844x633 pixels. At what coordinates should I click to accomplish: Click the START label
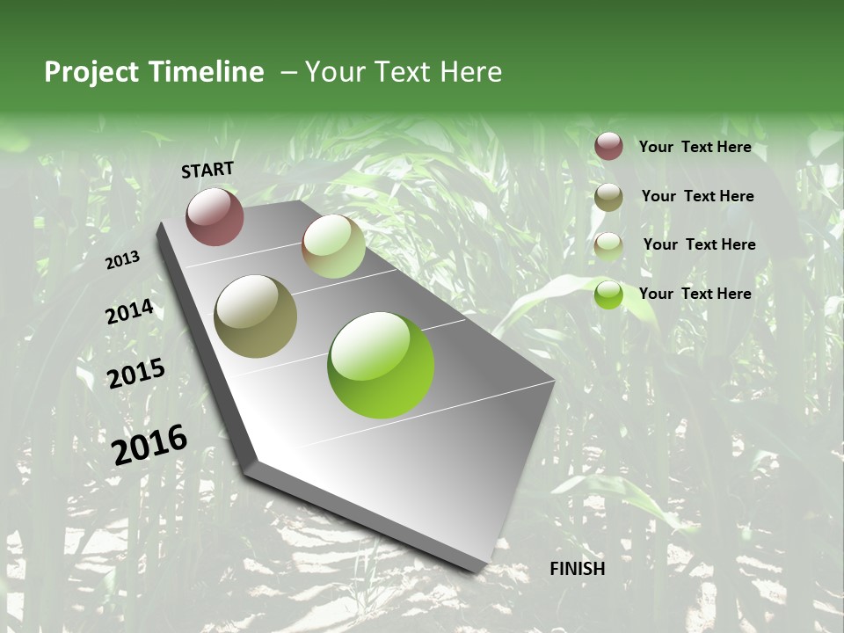[x=207, y=170]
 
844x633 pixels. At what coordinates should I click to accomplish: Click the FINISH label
[x=578, y=569]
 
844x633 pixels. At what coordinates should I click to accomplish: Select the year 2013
[x=122, y=260]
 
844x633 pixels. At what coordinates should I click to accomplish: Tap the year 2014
[x=129, y=312]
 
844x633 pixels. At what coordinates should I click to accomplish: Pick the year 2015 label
[x=135, y=374]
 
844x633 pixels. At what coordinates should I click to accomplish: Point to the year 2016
[x=149, y=445]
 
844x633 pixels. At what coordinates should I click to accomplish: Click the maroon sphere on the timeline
[x=215, y=216]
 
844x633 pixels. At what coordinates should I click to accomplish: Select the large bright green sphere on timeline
[x=381, y=365]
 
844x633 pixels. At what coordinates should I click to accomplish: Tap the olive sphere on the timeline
[x=255, y=316]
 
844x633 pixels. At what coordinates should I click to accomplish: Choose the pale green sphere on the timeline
[x=333, y=246]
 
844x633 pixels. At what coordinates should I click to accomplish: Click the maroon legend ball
[x=608, y=146]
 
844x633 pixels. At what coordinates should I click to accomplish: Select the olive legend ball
[x=608, y=197]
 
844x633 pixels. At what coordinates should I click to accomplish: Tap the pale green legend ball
[x=608, y=246]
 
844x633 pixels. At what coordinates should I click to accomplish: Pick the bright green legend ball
[x=608, y=295]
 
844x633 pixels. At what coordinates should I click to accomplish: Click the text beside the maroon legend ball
[x=695, y=147]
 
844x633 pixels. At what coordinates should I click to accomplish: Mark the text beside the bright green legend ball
[x=695, y=294]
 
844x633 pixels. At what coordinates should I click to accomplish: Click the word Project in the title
[x=91, y=72]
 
